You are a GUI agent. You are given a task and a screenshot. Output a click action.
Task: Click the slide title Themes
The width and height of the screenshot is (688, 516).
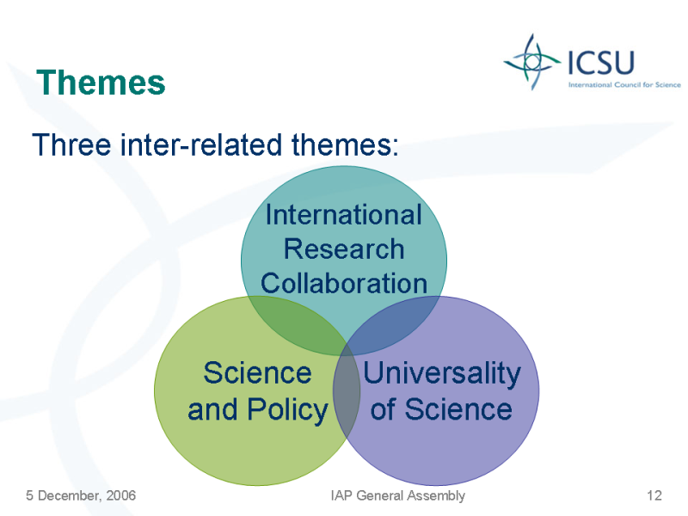pos(101,83)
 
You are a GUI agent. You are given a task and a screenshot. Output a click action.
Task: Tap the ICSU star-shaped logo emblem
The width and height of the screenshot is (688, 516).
pos(532,62)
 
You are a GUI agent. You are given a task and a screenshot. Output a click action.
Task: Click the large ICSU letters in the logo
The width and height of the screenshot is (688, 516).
pos(601,63)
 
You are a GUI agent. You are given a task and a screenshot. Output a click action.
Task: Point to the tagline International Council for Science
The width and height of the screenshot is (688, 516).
pos(624,84)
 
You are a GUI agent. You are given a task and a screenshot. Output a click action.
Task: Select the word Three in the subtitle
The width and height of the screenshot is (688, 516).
pos(71,144)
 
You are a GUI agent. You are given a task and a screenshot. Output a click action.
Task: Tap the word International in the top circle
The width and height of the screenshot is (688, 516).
pos(343,215)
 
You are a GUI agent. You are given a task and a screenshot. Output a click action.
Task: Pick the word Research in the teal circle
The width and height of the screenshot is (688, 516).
pos(343,249)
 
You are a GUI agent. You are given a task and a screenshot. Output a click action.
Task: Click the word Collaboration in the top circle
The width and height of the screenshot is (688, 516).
pos(343,283)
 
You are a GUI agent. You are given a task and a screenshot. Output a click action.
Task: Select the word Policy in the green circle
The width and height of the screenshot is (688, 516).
pos(287,410)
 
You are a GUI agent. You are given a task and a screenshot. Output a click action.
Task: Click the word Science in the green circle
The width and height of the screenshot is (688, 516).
pos(257,373)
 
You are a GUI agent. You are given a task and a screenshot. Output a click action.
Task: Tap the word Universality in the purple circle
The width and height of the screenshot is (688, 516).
pos(442,374)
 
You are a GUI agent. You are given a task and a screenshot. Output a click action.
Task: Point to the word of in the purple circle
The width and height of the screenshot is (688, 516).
pos(384,409)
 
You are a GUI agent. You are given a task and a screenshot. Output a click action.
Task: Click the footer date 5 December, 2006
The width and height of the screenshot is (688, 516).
pos(81,495)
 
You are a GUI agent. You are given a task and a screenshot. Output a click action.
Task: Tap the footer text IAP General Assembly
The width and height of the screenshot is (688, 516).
pos(398,496)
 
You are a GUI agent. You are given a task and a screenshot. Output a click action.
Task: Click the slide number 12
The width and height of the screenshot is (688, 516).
pos(654,495)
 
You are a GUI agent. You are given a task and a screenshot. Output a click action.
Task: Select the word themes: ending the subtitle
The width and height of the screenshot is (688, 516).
pos(345,144)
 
